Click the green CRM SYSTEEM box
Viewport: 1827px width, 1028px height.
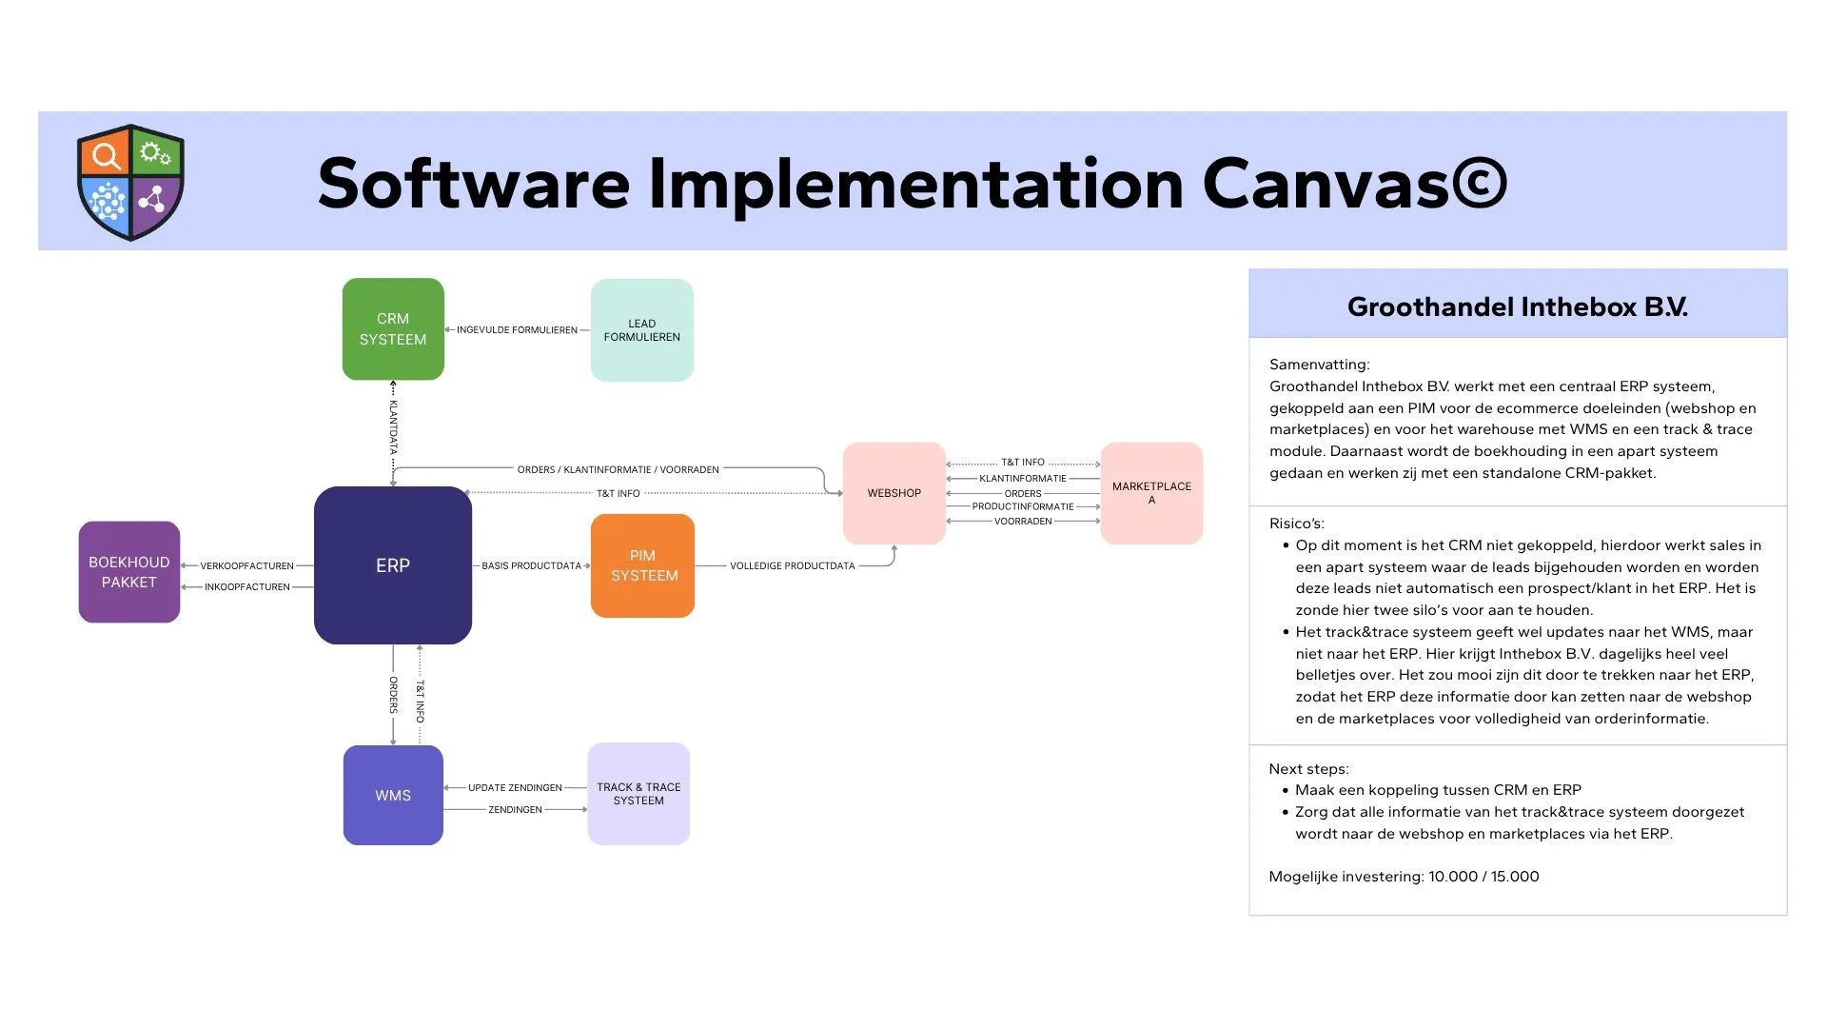pos(393,329)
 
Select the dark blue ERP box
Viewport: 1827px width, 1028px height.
pos(393,565)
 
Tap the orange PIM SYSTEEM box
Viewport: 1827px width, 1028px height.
pos(643,565)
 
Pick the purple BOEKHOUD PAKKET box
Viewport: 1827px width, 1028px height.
pos(129,572)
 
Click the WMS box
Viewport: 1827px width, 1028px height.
pos(393,795)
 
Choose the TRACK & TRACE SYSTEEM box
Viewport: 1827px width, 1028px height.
pos(638,794)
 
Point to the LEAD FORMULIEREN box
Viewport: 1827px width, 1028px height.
pos(642,330)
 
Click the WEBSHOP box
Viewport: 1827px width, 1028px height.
pos(894,493)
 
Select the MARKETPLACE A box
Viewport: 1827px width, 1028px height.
pos(1151,493)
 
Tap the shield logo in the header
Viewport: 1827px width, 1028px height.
pos(130,182)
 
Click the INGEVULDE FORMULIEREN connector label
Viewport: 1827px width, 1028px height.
pos(517,330)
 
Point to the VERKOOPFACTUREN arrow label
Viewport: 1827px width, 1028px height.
pos(246,566)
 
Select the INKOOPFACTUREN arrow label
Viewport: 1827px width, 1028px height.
pos(247,587)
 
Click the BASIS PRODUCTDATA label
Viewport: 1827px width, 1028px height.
pos(531,566)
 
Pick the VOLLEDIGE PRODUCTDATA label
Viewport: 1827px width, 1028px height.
pos(793,566)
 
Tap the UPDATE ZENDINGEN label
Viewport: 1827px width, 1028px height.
pos(515,788)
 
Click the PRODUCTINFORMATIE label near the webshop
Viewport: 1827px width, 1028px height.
pos(1023,506)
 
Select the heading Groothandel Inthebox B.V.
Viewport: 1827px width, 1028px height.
pos(1518,306)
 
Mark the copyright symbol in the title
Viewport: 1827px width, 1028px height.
pos(1479,183)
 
